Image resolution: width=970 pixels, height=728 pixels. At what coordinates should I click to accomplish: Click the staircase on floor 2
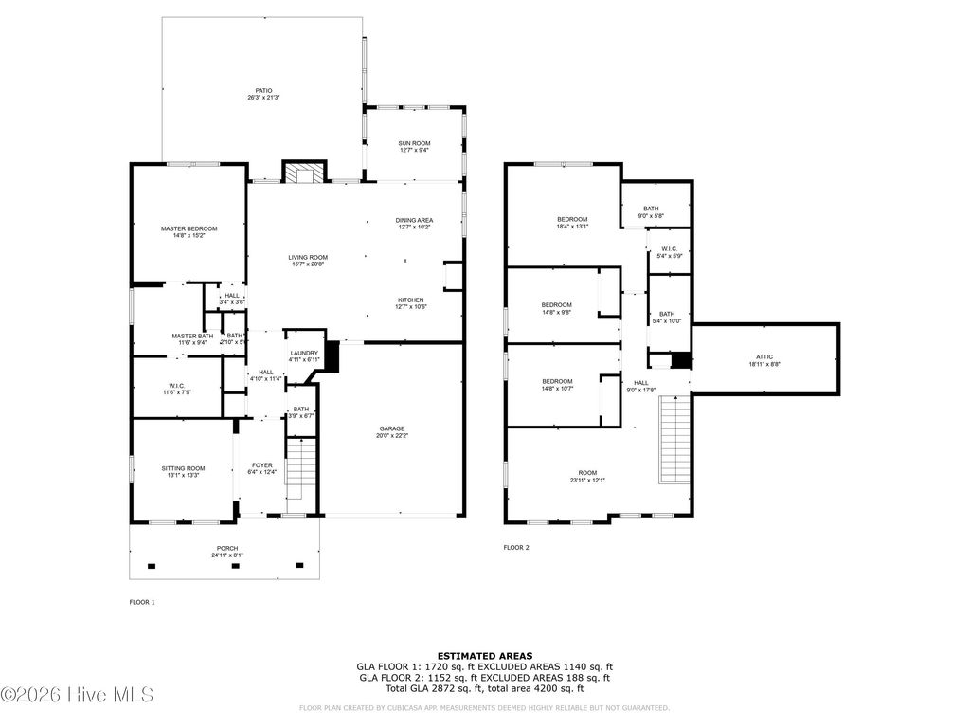click(673, 438)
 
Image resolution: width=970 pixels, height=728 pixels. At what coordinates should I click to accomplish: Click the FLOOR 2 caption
click(516, 547)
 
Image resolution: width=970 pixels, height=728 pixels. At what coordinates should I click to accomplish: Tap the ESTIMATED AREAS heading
click(484, 655)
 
